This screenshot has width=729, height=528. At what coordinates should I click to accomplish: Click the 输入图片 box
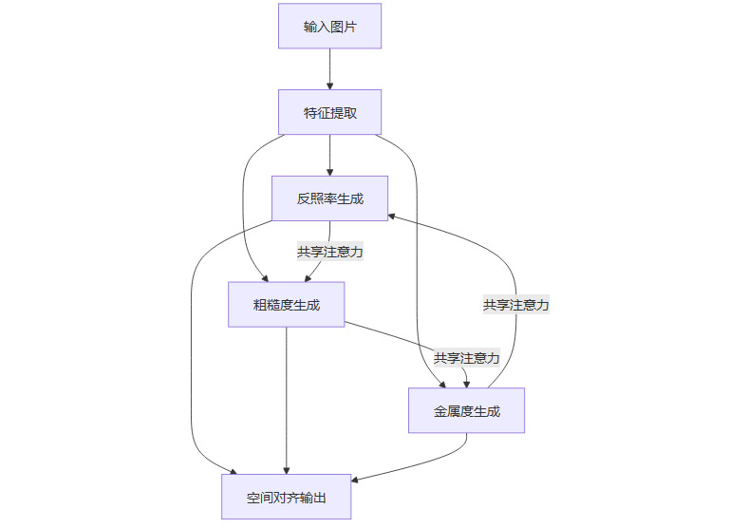click(x=329, y=27)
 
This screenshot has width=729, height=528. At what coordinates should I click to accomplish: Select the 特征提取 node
click(x=329, y=113)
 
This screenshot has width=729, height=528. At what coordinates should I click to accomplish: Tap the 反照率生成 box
click(x=329, y=198)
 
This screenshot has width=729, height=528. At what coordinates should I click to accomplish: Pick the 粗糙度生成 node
click(x=286, y=305)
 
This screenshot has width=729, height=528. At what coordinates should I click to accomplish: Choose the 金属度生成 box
click(x=466, y=411)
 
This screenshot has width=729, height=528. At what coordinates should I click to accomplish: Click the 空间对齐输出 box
click(x=286, y=497)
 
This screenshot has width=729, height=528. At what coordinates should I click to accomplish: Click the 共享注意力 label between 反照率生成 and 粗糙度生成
click(x=329, y=252)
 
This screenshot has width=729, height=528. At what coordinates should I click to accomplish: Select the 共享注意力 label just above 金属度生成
click(x=466, y=358)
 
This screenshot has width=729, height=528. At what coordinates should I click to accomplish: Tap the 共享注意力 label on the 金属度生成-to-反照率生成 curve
click(x=515, y=305)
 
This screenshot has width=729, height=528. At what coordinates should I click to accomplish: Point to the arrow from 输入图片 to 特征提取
click(x=329, y=68)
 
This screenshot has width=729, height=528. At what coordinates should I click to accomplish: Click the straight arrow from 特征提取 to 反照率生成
click(x=329, y=155)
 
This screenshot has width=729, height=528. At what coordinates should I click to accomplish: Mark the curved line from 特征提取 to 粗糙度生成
click(x=244, y=209)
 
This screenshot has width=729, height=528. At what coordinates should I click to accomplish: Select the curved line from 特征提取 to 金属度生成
click(x=416, y=247)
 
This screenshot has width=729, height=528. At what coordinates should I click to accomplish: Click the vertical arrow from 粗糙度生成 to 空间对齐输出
click(x=286, y=399)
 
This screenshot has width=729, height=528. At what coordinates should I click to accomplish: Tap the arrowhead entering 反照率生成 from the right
click(x=393, y=216)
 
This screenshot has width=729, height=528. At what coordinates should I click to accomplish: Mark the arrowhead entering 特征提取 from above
click(x=329, y=85)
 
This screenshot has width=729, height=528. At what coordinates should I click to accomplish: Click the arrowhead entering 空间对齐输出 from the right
click(x=356, y=481)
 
